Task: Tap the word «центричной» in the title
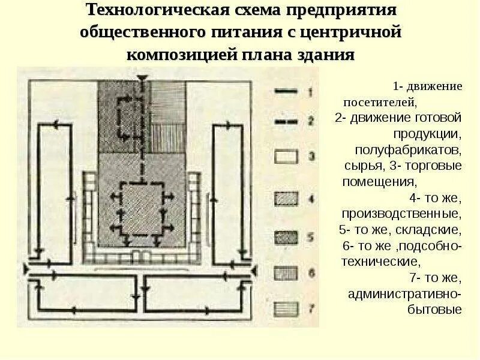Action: pyautogui.click(x=350, y=32)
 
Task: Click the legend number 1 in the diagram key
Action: pyautogui.click(x=310, y=92)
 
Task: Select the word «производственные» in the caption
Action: pyautogui.click(x=401, y=214)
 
